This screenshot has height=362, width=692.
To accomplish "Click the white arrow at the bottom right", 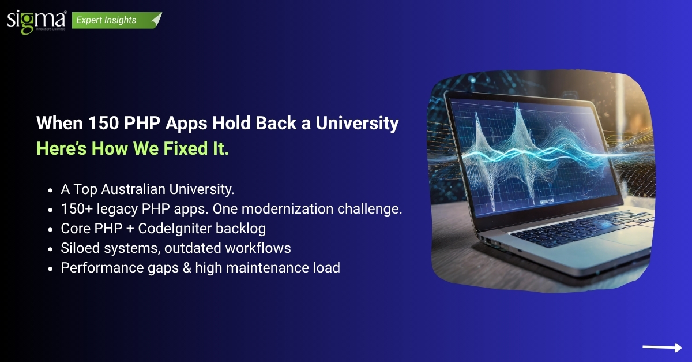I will pos(661,347).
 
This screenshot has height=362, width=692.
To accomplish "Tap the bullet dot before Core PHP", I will pos(52,229).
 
